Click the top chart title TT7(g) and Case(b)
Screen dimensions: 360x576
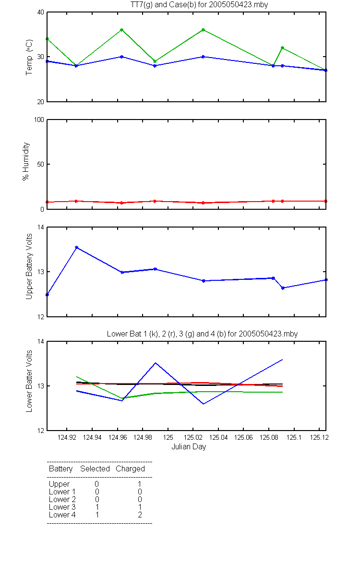[x=199, y=5]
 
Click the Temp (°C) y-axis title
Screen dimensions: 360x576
[x=29, y=57]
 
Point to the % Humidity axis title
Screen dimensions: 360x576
[x=26, y=161]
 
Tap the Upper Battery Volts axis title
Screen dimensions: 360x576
[x=29, y=266]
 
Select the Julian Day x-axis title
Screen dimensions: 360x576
[x=189, y=447]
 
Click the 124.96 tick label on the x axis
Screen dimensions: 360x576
[x=118, y=437]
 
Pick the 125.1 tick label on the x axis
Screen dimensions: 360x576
[x=294, y=437]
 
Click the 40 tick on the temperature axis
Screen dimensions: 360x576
[x=41, y=12]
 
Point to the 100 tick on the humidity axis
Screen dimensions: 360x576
[x=39, y=120]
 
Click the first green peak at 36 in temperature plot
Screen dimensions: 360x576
[x=121, y=30]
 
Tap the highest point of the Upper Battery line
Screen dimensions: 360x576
[x=76, y=247]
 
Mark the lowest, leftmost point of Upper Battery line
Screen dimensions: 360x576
[x=47, y=295]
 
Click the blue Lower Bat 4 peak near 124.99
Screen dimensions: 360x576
[x=156, y=363]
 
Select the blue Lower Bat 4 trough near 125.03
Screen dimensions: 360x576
[x=204, y=404]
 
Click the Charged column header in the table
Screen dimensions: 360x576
[x=131, y=469]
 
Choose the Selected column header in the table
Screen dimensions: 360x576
[x=95, y=468]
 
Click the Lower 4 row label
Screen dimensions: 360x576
[x=62, y=515]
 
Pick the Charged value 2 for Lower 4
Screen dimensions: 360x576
[x=140, y=515]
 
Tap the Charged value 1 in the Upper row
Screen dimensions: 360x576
[x=140, y=484]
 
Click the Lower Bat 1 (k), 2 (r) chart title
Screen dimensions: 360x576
[x=203, y=334]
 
